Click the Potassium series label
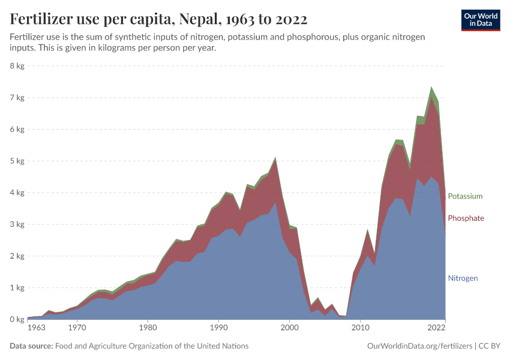pos(464,196)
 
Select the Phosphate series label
pos(466,218)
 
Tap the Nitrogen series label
pos(463,278)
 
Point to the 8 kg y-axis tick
pos(16,65)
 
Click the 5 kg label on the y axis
pos(16,161)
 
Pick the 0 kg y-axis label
pos(16,319)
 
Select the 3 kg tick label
pos(16,224)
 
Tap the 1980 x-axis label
pos(148,328)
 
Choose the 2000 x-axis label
pos(289,328)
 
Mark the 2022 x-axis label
pos(436,328)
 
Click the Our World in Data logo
pos(480,20)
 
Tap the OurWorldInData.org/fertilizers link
pos(419,346)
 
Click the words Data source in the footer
pos(31,346)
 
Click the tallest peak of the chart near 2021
pos(431,88)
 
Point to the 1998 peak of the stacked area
pos(275,158)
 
